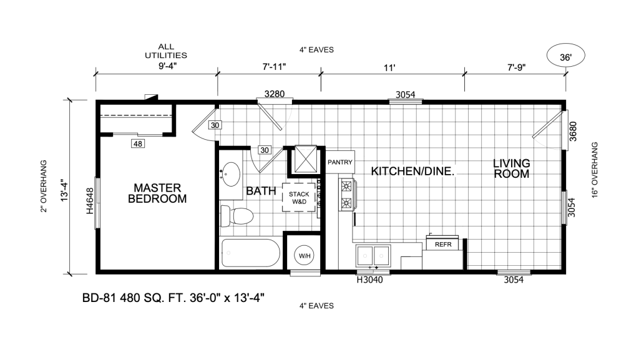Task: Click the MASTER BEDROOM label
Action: pyautogui.click(x=157, y=193)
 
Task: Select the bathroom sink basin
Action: pyautogui.click(x=231, y=174)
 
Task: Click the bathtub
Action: pyautogui.click(x=250, y=253)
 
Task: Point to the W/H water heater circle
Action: pyautogui.click(x=305, y=256)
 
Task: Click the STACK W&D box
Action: pyautogui.click(x=299, y=198)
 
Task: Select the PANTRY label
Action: pyautogui.click(x=340, y=162)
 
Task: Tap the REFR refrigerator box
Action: pyautogui.click(x=443, y=245)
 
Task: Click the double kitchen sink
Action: pyautogui.click(x=373, y=256)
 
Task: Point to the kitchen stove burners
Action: pyautogui.click(x=346, y=194)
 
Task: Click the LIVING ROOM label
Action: pyautogui.click(x=512, y=168)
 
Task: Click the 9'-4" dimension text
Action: pyautogui.click(x=167, y=66)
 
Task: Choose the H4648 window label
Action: pyautogui.click(x=90, y=201)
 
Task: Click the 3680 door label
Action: pyautogui.click(x=573, y=131)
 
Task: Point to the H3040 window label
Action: pyautogui.click(x=369, y=280)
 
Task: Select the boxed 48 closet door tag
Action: pyautogui.click(x=138, y=144)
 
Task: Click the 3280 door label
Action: pyautogui.click(x=275, y=94)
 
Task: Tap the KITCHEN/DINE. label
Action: pyautogui.click(x=412, y=172)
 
